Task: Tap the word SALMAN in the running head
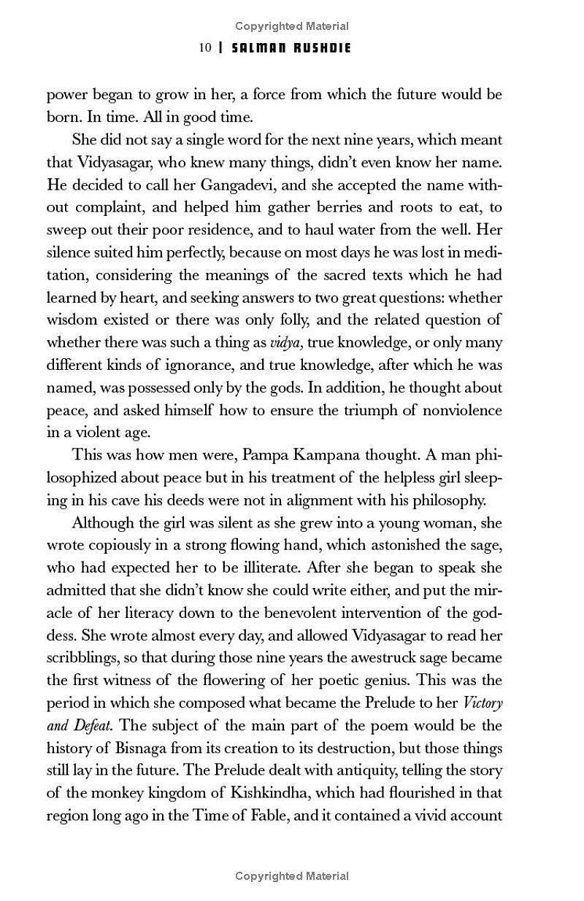tap(255, 48)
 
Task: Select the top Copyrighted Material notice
tap(292, 26)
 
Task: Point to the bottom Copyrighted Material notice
tap(292, 875)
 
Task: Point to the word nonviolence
tap(460, 410)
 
